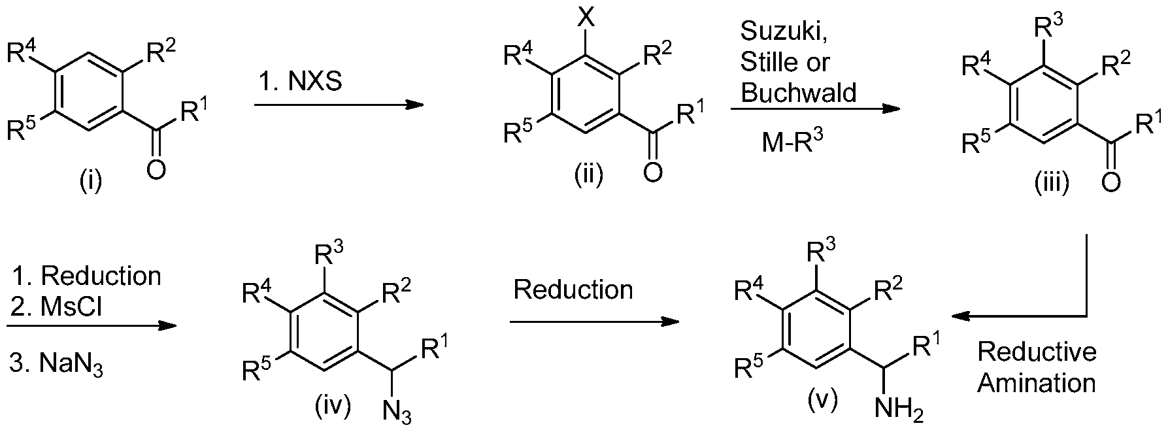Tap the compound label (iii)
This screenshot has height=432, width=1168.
click(1052, 184)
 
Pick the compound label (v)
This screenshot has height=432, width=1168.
click(821, 399)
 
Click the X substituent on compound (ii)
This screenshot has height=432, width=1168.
click(586, 15)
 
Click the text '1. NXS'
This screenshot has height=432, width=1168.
click(299, 84)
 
